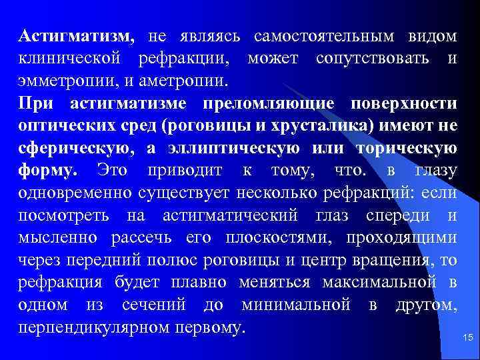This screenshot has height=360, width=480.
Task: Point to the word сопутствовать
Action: [x=371, y=58]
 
